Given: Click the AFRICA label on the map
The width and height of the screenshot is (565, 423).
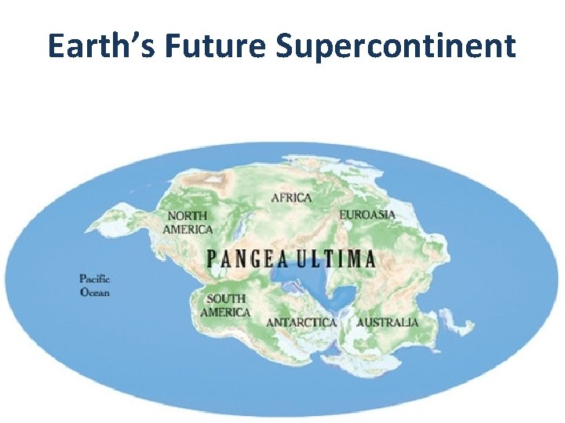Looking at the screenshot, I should point(291,198).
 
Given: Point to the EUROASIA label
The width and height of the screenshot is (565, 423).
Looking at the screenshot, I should point(367,214).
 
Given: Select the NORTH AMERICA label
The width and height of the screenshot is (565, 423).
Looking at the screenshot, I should point(188,222).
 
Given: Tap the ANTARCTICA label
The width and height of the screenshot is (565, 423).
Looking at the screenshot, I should point(301,322).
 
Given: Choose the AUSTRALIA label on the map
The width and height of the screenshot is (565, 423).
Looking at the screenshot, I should point(388,322).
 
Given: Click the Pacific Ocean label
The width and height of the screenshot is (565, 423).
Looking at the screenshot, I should point(95,285).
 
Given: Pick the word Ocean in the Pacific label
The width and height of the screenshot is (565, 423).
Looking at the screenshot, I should point(95,292).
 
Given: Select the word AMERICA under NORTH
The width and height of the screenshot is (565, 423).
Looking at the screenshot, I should point(188,230).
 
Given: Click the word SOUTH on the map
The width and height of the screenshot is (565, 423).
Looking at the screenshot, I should point(226,298).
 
